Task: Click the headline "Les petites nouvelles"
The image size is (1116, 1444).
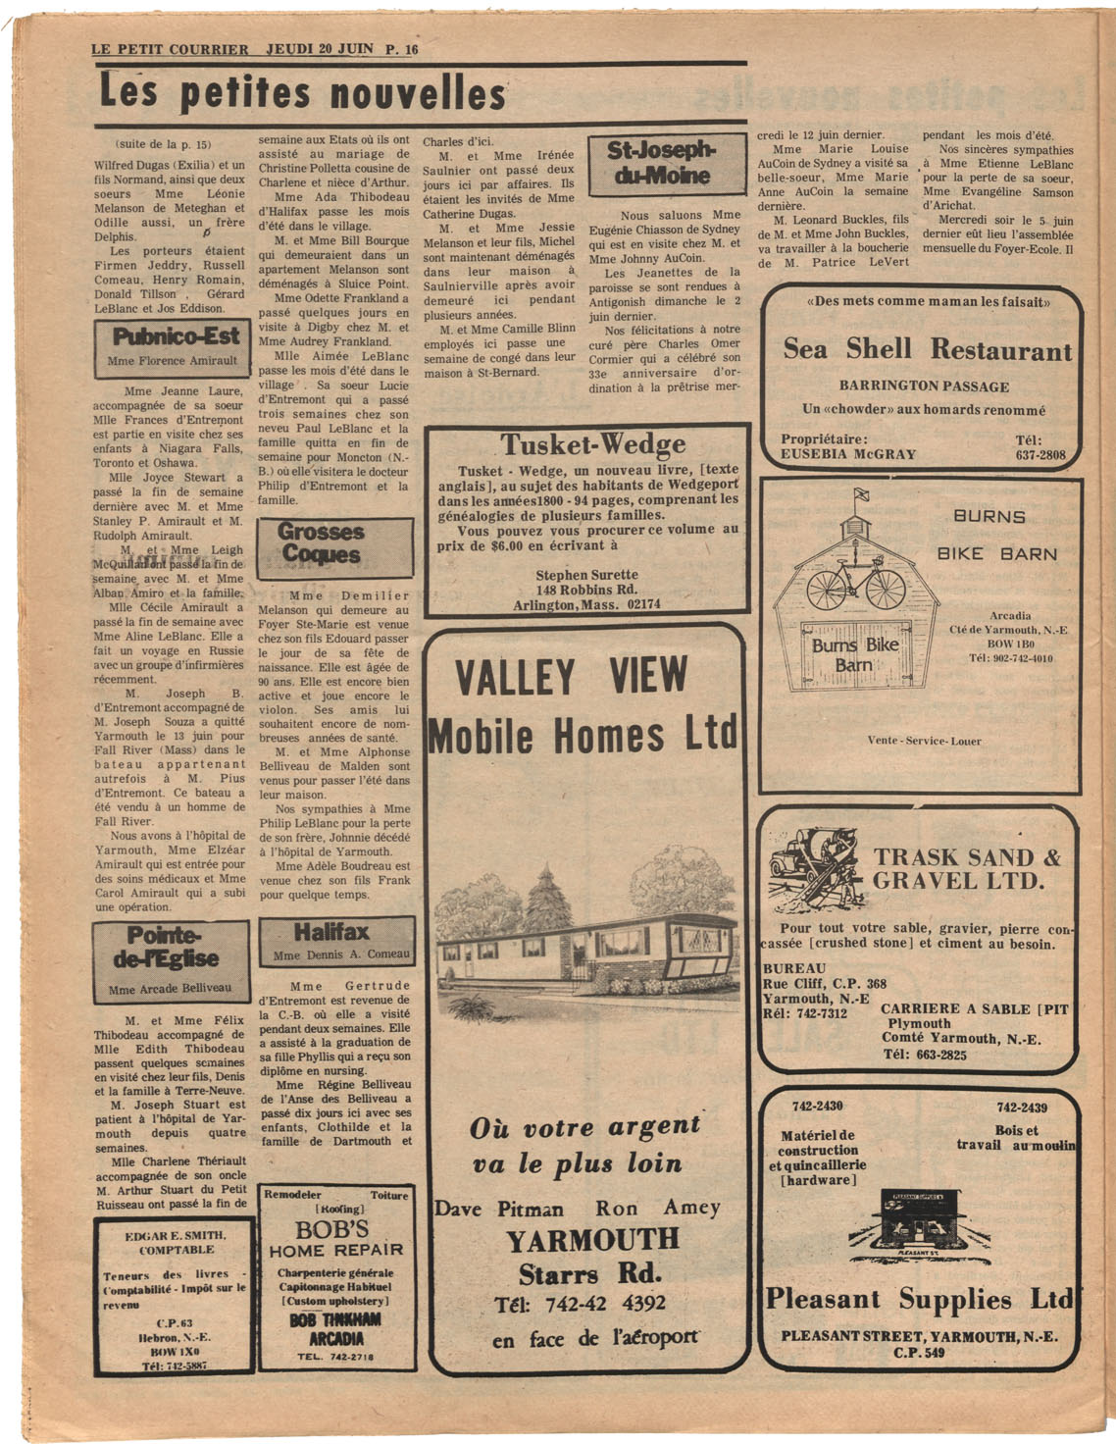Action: tap(302, 93)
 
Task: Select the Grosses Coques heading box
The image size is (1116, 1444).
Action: tap(321, 543)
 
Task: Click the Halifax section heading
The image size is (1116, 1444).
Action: tap(331, 932)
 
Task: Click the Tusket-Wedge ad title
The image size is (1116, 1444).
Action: tap(593, 445)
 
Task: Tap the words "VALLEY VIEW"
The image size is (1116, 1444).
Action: tap(572, 677)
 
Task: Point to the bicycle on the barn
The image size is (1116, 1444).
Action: tap(856, 583)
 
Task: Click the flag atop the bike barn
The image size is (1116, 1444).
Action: tap(861, 494)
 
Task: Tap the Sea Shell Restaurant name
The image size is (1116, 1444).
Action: tap(927, 348)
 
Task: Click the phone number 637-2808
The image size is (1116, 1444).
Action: tap(1040, 454)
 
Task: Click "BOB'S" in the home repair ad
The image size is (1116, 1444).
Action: tap(332, 1229)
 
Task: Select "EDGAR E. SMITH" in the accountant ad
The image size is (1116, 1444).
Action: tap(176, 1235)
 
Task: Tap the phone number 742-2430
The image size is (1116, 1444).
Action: tap(818, 1107)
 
